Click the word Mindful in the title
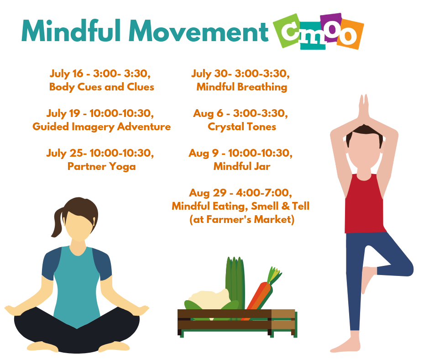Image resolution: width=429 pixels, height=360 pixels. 71,31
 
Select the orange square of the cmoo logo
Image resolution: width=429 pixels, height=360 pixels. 350,34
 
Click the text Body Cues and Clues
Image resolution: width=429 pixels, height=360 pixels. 102,87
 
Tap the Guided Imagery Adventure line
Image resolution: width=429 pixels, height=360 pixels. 101,127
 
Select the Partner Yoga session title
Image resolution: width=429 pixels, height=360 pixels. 101,167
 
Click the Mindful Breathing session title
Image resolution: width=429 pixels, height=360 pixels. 242,87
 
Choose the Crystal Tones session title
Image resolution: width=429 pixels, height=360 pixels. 242,127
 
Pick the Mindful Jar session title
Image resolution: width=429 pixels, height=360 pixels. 242,166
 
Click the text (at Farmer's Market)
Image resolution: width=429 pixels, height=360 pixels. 242,219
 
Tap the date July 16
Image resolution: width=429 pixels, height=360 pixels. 66,74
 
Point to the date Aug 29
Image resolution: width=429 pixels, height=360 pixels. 208,193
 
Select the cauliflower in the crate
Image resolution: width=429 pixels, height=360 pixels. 209,299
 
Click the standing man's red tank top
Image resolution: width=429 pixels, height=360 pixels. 365,204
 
